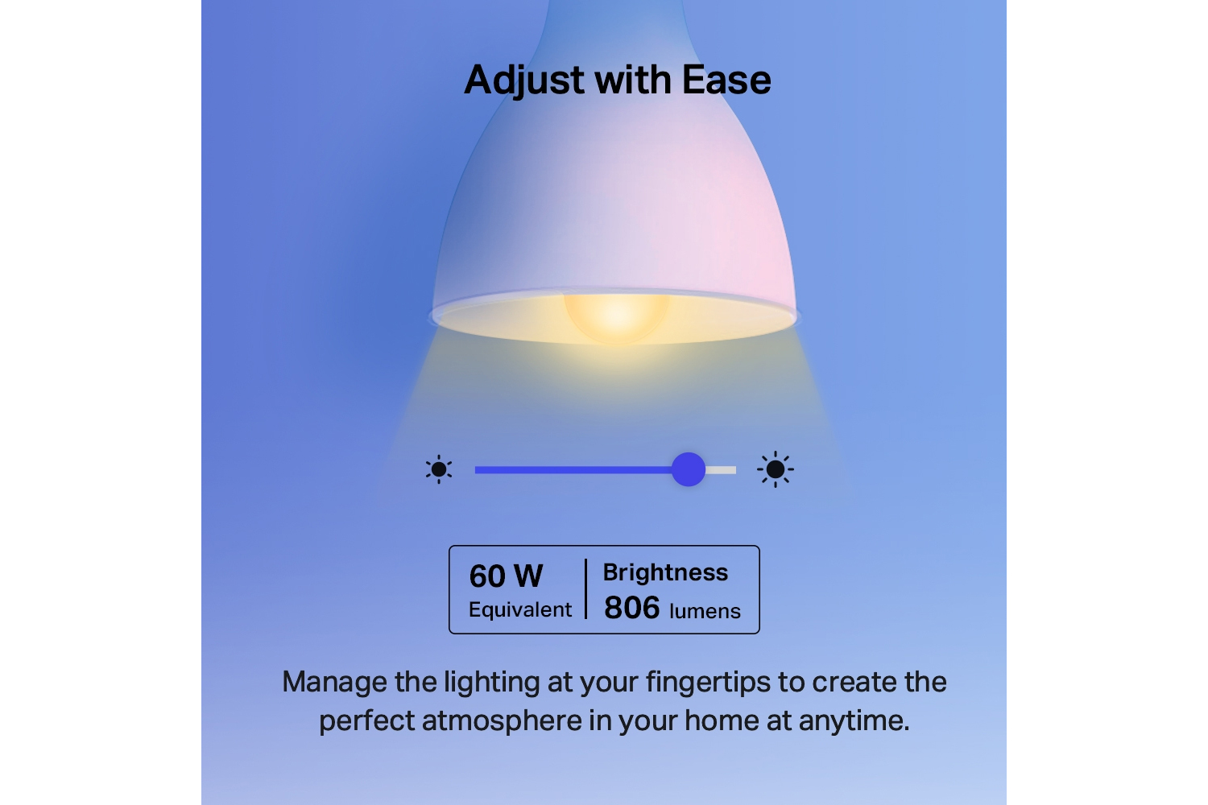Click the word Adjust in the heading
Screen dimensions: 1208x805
click(523, 80)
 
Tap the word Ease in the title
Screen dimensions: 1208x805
click(726, 80)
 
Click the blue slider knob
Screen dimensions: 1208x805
click(688, 469)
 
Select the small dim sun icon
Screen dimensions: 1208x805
click(438, 469)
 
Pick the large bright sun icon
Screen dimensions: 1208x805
click(775, 469)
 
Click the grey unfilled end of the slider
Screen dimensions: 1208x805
click(721, 470)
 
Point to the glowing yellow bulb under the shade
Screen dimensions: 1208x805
click(616, 318)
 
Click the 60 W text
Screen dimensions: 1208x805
click(506, 576)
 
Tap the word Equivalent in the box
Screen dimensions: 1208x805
click(520, 610)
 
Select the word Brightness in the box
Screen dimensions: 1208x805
click(665, 572)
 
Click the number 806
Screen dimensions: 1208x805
click(631, 608)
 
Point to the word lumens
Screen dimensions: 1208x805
click(705, 611)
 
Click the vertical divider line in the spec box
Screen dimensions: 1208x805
click(585, 588)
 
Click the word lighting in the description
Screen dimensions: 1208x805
click(492, 683)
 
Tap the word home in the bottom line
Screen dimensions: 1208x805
click(722, 721)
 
